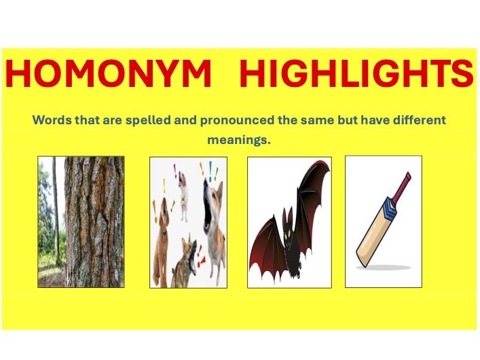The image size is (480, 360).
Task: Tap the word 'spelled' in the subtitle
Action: [136, 120]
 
